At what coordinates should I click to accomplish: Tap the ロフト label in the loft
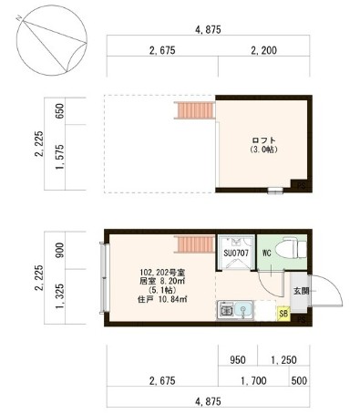coord(263,140)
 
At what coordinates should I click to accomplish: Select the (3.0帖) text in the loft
coord(263,149)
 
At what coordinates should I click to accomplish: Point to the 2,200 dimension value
coord(262,50)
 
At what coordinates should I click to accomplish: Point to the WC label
coord(267,252)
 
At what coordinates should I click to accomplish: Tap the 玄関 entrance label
coord(300,291)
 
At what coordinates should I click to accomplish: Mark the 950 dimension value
coord(239,360)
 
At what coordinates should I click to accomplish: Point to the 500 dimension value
coord(298,378)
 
